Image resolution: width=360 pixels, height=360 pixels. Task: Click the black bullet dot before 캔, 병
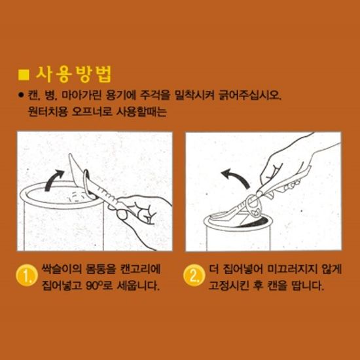pyautogui.click(x=22, y=95)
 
